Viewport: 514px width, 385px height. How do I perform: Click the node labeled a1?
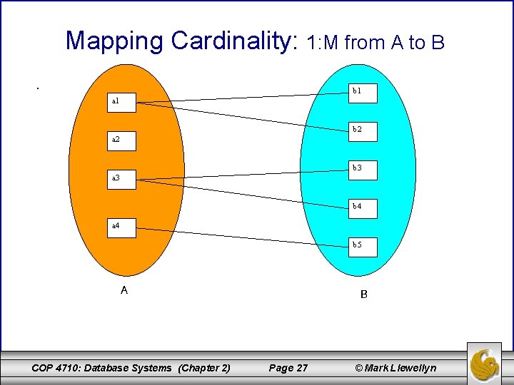[x=123, y=102]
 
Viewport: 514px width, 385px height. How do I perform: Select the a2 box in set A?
[x=123, y=140]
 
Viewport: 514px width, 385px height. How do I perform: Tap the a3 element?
[x=123, y=178]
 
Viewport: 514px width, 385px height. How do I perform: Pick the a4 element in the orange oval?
[x=123, y=226]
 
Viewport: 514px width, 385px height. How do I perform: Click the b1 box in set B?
[x=362, y=91]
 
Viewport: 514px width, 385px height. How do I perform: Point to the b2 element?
[x=362, y=130]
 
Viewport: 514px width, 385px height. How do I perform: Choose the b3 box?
[x=362, y=168]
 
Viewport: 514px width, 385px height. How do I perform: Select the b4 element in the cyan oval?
[x=362, y=207]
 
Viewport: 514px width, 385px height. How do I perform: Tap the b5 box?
[x=362, y=245]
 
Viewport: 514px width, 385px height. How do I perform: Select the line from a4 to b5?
[x=243, y=237]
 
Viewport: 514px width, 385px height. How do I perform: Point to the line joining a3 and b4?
[x=243, y=194]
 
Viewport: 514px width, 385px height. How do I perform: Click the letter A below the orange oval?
[x=124, y=290]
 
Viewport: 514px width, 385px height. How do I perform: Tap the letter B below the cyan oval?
[x=364, y=294]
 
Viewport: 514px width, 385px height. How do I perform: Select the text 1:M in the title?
[x=322, y=43]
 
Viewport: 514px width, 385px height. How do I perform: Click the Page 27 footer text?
[x=288, y=368]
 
